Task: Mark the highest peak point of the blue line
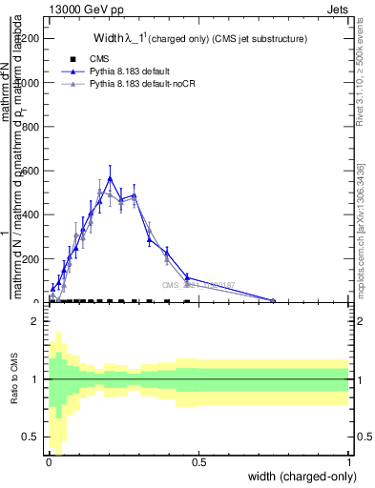pos(110,178)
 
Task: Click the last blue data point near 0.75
pos(273,301)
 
